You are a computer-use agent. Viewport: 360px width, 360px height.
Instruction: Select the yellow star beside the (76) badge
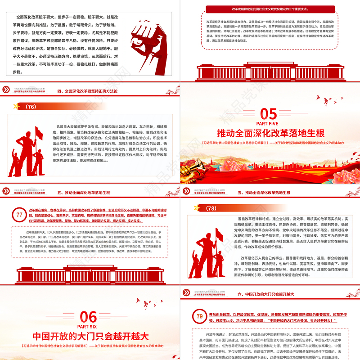click(17, 107)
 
